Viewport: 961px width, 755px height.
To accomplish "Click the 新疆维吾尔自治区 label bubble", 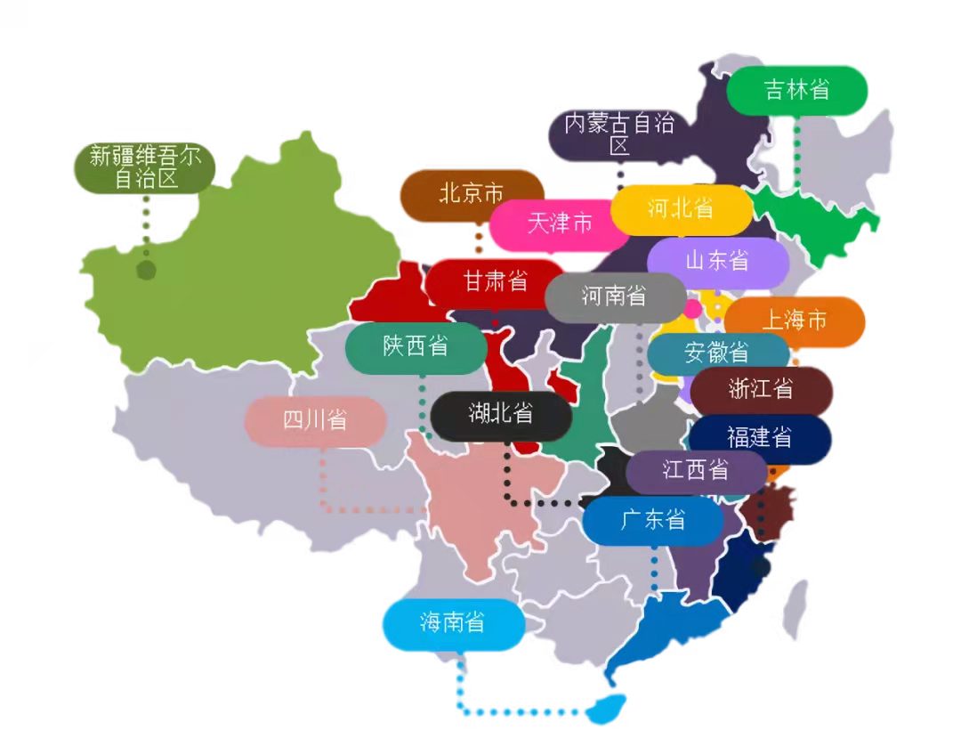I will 146,167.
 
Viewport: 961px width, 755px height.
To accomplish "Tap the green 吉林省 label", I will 796,90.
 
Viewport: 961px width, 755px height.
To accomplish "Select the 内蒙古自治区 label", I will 619,134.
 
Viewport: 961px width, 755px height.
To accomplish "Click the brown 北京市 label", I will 471,194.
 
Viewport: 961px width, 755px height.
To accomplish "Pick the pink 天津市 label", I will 559,223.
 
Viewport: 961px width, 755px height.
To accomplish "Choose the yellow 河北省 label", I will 681,209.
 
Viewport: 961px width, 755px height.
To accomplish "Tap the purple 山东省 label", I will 717,261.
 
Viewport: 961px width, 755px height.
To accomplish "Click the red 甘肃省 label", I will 495,282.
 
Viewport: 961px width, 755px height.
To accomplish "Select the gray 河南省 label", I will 614,296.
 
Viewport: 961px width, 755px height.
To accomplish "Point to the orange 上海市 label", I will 794,321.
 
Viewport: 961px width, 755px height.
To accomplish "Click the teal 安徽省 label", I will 717,353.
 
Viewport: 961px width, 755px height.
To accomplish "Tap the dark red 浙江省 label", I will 761,390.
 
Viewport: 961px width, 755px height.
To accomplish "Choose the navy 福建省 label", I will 759,437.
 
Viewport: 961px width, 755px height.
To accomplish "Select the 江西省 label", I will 695,470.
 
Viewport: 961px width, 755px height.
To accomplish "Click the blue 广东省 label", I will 653,520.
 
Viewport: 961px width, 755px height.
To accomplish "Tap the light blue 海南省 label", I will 453,623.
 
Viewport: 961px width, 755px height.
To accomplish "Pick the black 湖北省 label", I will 501,414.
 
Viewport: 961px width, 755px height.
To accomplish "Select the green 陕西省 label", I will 416,347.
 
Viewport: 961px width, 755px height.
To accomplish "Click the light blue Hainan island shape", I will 605,709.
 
